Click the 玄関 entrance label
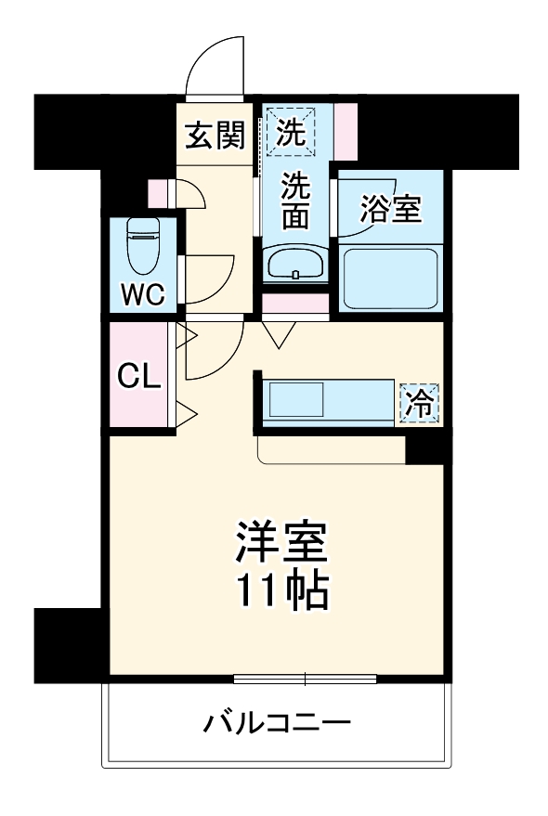(215, 137)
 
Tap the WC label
(144, 296)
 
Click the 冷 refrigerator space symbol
(421, 403)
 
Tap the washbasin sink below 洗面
(294, 265)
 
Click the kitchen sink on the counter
(296, 402)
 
